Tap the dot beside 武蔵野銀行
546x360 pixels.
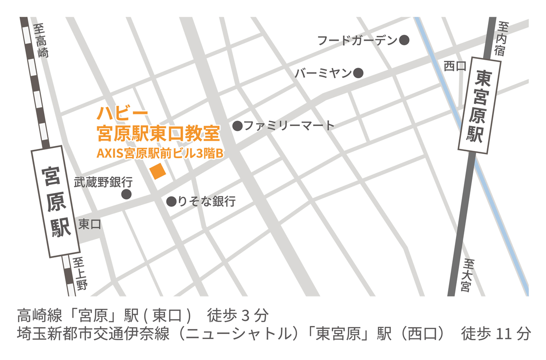pyautogui.click(x=126, y=194)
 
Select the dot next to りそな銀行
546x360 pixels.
pyautogui.click(x=171, y=201)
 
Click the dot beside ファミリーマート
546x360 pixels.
pyautogui.click(x=238, y=126)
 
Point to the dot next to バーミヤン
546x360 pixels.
pyautogui.click(x=358, y=73)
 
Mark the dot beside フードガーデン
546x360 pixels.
pyautogui.click(x=404, y=40)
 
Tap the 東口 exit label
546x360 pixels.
pyautogui.click(x=90, y=224)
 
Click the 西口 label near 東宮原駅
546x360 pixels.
pyautogui.click(x=455, y=66)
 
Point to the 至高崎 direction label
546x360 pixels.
pyautogui.click(x=41, y=41)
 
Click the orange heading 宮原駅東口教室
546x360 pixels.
pyautogui.click(x=158, y=134)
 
